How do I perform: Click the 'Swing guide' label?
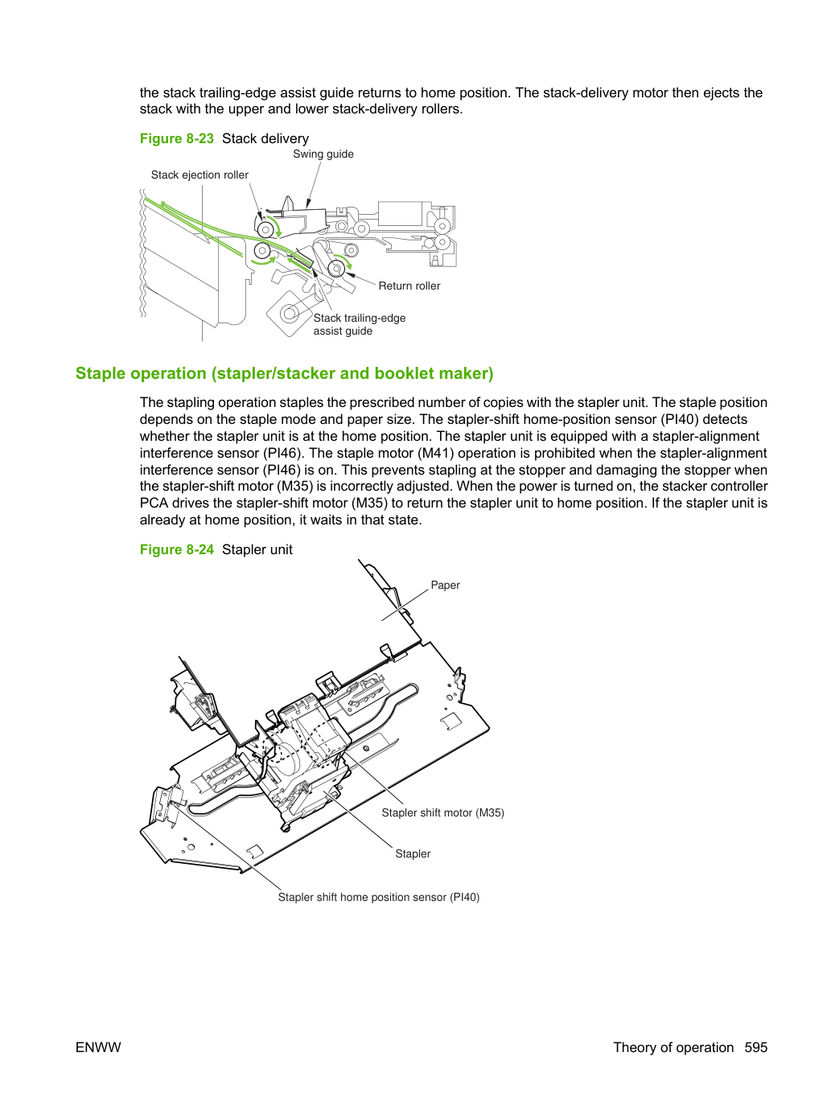point(323,154)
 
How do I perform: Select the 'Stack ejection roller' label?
point(200,175)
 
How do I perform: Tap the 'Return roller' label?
point(409,286)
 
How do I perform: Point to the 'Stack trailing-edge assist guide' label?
point(360,324)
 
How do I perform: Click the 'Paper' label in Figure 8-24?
point(445,585)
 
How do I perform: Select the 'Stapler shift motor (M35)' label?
point(443,812)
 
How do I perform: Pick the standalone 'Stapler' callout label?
point(413,853)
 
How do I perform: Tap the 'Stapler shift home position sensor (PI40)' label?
point(378,897)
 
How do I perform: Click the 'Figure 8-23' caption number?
point(177,138)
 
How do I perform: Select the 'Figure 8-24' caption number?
point(177,549)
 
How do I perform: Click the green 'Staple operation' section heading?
point(284,373)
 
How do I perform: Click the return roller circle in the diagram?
point(336,269)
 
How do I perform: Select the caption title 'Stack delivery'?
point(265,138)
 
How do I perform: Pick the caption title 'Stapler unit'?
point(257,549)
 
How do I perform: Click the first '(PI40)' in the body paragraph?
point(677,419)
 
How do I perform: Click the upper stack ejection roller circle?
point(265,230)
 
